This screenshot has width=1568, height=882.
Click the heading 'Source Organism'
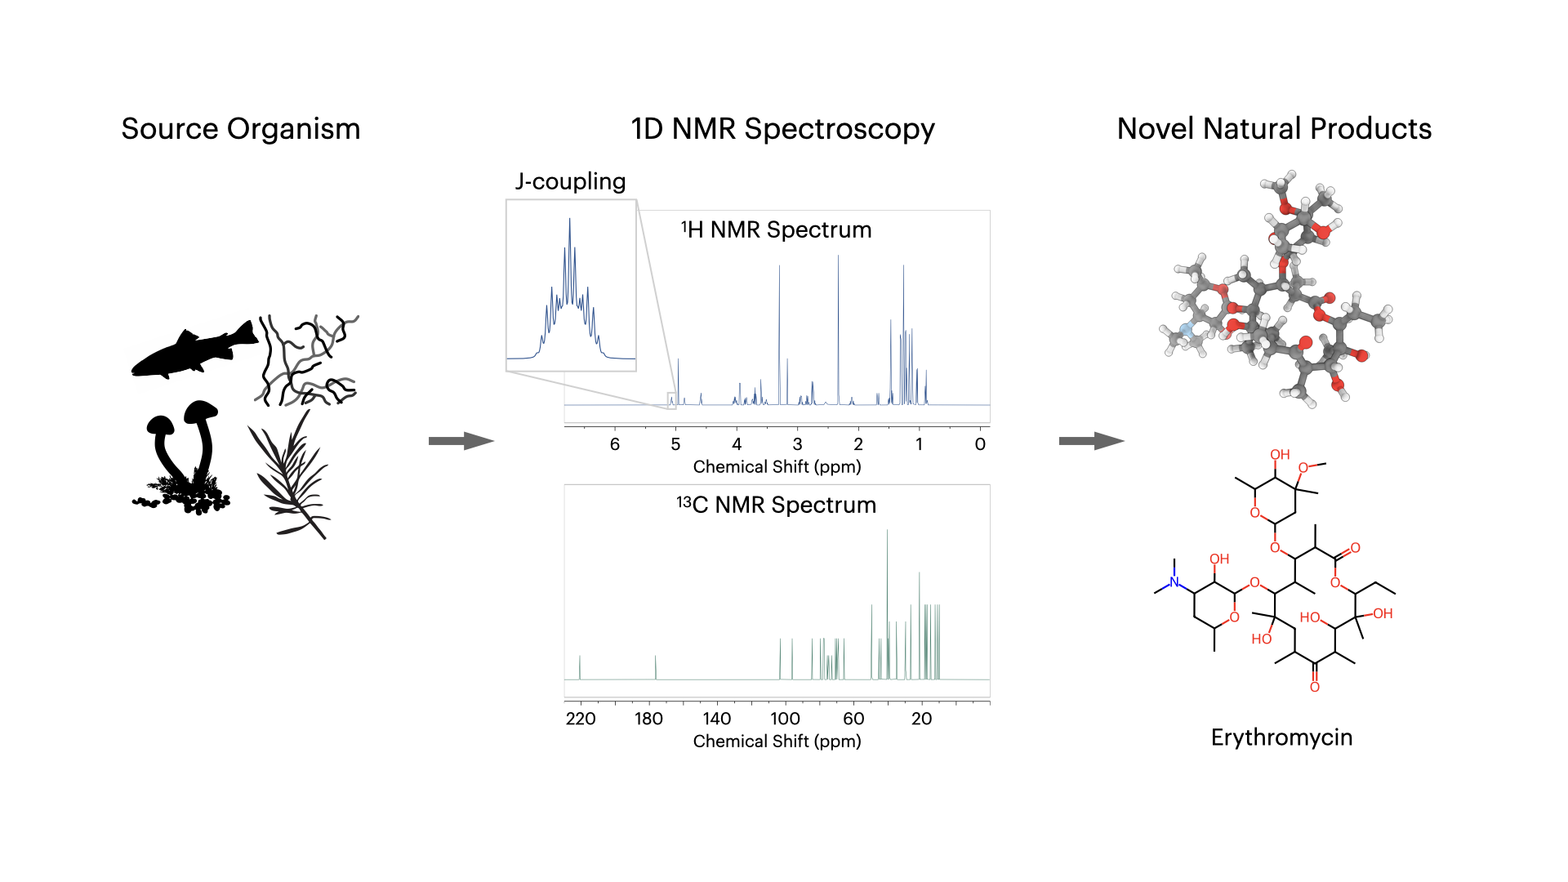point(241,129)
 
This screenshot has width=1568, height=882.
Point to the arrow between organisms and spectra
point(461,441)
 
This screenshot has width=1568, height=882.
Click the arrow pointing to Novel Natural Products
point(1091,441)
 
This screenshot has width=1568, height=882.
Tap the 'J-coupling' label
point(570,181)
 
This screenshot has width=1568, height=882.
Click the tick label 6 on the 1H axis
point(615,444)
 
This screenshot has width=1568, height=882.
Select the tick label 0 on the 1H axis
point(980,444)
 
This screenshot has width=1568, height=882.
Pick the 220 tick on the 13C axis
point(581,719)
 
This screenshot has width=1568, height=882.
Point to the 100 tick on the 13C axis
point(785,719)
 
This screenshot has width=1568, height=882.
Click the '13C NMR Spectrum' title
point(777,505)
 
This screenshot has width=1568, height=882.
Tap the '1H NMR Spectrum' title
point(777,230)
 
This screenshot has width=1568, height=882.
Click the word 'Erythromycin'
point(1281,737)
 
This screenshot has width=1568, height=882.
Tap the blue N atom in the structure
point(1174,582)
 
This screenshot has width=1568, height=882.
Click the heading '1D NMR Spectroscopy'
point(782,129)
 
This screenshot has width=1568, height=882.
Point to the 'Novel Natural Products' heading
point(1274,129)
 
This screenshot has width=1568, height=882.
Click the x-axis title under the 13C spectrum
point(777,742)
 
